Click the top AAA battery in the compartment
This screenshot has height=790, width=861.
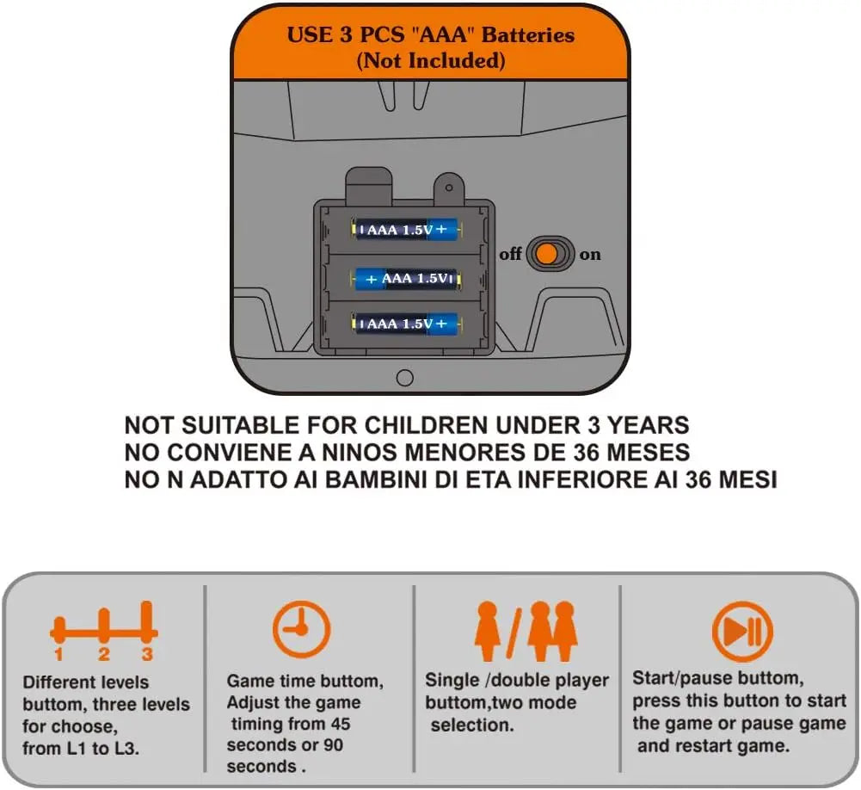pyautogui.click(x=406, y=229)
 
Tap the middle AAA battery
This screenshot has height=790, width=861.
pyautogui.click(x=406, y=279)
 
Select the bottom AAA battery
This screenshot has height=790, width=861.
pyautogui.click(x=406, y=323)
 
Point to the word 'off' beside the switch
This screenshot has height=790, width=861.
pyautogui.click(x=510, y=254)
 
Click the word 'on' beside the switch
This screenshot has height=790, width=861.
pyautogui.click(x=590, y=255)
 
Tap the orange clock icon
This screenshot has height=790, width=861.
pyautogui.click(x=301, y=630)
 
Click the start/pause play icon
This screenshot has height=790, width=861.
pyautogui.click(x=742, y=632)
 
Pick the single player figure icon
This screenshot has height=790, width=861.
pyautogui.click(x=487, y=630)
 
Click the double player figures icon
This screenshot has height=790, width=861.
pyautogui.click(x=552, y=630)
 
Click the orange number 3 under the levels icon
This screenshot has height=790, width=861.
pyautogui.click(x=146, y=654)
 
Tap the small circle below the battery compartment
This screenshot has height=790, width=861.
pyautogui.click(x=404, y=378)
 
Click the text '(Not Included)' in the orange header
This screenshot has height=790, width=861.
pyautogui.click(x=431, y=60)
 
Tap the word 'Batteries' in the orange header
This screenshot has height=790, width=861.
pyautogui.click(x=528, y=35)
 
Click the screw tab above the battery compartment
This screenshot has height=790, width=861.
pyautogui.click(x=449, y=188)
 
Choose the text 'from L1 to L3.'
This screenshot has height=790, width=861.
pyautogui.click(x=80, y=748)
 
